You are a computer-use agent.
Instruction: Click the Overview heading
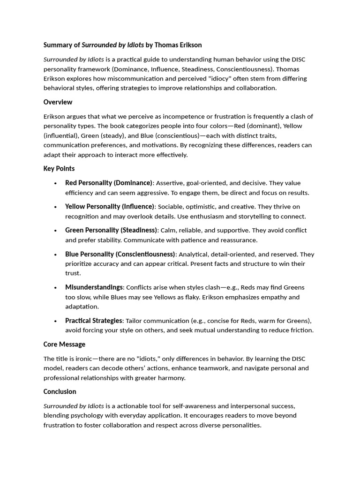(x=58, y=102)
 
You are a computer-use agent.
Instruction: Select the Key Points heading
(x=59, y=168)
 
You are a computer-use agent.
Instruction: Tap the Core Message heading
(x=64, y=344)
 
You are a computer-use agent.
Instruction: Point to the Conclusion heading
(x=60, y=391)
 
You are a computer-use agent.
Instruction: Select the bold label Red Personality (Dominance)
(x=109, y=183)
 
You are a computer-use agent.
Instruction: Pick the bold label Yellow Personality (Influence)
(x=110, y=206)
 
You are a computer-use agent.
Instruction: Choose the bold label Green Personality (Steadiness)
(x=111, y=230)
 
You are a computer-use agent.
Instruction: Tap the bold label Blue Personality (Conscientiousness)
(x=120, y=254)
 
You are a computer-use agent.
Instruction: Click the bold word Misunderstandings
(x=94, y=287)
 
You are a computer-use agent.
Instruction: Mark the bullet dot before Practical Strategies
(x=56, y=321)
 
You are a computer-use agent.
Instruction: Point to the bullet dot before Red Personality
(x=56, y=183)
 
